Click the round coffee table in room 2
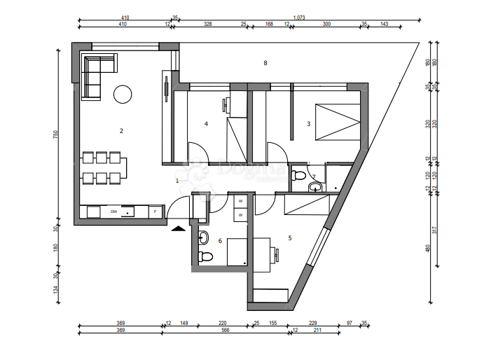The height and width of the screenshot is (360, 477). [123, 93]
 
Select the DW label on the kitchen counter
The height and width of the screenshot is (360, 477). [113, 210]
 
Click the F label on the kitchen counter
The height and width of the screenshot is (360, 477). [155, 210]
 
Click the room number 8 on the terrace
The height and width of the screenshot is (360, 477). [265, 63]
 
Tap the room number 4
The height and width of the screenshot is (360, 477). [206, 124]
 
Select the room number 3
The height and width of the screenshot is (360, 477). [308, 124]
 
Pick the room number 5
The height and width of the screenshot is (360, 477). [289, 237]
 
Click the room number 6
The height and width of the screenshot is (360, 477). [220, 241]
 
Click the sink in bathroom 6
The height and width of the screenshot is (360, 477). [203, 236]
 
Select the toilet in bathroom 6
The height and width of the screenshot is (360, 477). [204, 256]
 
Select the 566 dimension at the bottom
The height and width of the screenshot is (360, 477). [224, 330]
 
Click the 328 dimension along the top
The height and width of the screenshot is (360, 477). [207, 25]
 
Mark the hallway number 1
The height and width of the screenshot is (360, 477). [177, 180]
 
